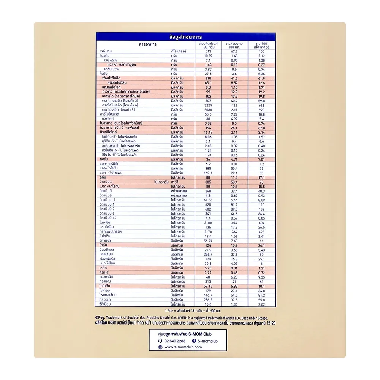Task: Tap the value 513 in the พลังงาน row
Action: pyautogui.click(x=208, y=51)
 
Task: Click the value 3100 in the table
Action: pyautogui.click(x=208, y=223)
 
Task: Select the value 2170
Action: pyautogui.click(x=208, y=231)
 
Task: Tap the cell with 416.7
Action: pyautogui.click(x=208, y=294)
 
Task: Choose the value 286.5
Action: pyautogui.click(x=208, y=299)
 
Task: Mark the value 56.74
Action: pyautogui.click(x=208, y=241)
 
